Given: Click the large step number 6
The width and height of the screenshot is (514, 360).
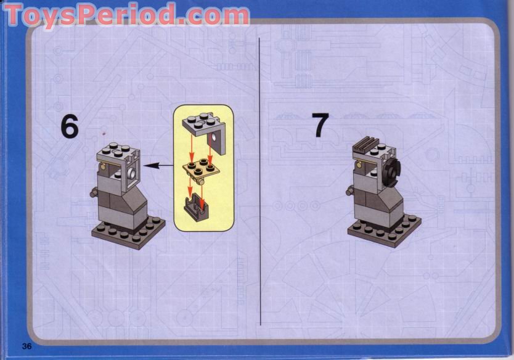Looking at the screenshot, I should [x=70, y=126].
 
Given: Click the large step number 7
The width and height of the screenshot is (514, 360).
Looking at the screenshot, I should [x=320, y=125].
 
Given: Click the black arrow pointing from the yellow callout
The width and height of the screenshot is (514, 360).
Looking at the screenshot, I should [x=157, y=165].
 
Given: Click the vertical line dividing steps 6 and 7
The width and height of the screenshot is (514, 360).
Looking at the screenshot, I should [x=259, y=185].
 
